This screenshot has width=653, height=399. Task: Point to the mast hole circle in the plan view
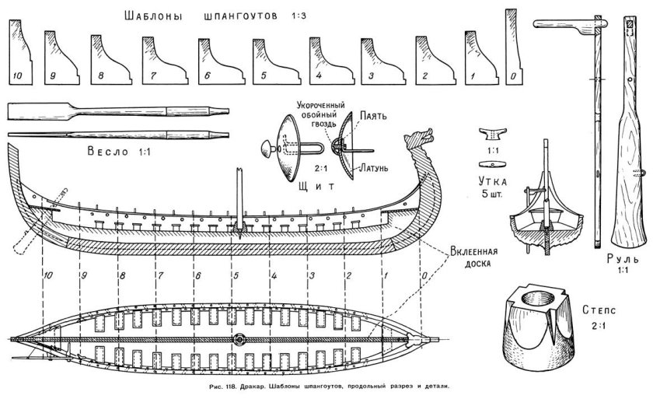pyautogui.click(x=238, y=339)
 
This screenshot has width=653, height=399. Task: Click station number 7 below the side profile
pyautogui.click(x=160, y=275)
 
